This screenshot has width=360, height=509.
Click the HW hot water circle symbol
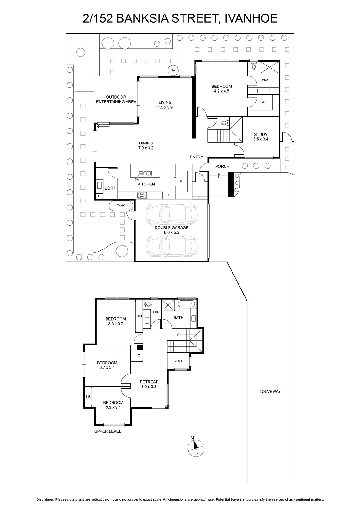[173, 70]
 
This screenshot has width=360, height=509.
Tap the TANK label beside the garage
[121, 206]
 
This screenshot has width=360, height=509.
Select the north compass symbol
[196, 448]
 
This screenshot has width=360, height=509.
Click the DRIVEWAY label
[270, 391]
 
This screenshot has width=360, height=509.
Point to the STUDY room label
[260, 134]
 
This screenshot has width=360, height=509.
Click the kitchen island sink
[144, 173]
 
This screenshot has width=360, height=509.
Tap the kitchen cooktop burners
[142, 195]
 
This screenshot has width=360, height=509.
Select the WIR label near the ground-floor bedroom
[264, 102]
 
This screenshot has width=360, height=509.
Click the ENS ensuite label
[265, 80]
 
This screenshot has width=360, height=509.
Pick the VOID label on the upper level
[178, 361]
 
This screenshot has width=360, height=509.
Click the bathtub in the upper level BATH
[186, 303]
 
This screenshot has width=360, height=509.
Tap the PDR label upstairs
[156, 312]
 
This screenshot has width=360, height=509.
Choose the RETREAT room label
[149, 382]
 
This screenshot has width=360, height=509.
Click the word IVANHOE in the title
[251, 18]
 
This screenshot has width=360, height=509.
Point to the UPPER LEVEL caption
[108, 431]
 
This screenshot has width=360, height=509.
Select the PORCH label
[222, 166]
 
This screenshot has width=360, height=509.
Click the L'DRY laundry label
[110, 188]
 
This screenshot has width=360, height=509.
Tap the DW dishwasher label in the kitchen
[137, 179]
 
